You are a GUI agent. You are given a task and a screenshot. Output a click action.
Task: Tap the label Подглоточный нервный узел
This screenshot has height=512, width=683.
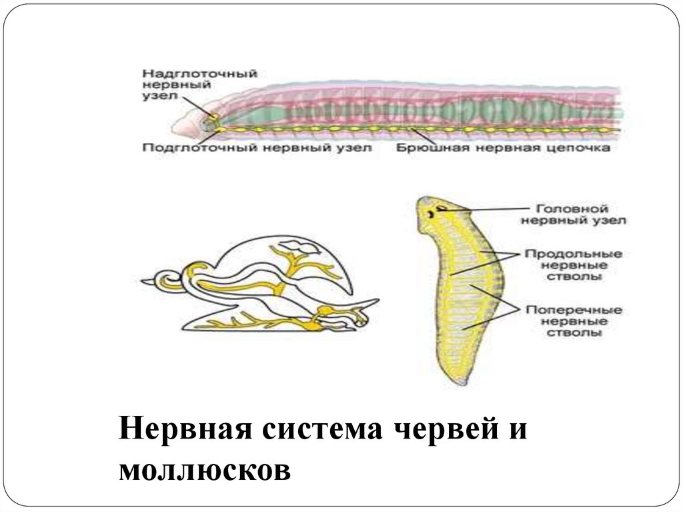click(257, 148)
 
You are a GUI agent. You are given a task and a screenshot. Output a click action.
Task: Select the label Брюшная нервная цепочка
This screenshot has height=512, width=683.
click(504, 148)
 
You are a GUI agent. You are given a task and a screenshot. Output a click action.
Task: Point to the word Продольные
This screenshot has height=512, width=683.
click(574, 254)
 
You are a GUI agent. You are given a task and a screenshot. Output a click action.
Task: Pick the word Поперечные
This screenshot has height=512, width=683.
click(574, 310)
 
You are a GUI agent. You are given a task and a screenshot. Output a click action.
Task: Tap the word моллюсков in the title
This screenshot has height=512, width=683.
click(205, 469)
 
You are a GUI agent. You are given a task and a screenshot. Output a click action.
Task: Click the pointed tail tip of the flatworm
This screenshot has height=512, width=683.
click(460, 382)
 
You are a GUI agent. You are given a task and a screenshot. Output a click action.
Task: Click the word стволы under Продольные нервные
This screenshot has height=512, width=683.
click(574, 276)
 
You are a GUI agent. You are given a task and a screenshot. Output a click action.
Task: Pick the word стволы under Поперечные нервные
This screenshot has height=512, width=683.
click(574, 332)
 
